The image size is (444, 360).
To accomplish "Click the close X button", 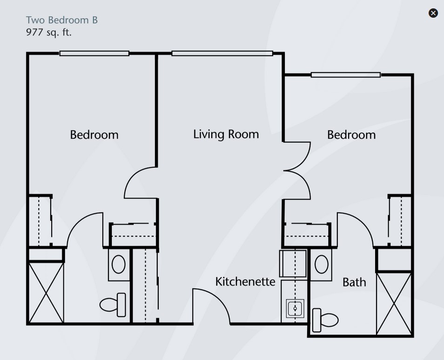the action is click(433, 13).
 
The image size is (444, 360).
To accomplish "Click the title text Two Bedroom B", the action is click(62, 20).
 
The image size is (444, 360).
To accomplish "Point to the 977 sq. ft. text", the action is click(49, 32).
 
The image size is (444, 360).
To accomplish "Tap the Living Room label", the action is click(226, 134).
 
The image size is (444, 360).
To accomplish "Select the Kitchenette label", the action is click(245, 282).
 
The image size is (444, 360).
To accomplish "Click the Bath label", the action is click(354, 282).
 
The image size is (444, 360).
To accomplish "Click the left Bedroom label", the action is click(94, 135).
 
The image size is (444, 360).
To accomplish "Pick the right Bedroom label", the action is click(351, 135).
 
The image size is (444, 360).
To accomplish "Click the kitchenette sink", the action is click(295, 308).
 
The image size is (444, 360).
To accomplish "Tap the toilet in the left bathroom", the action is click(113, 305).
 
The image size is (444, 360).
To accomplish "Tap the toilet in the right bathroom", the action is click(325, 320).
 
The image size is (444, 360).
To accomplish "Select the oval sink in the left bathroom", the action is click(119, 264).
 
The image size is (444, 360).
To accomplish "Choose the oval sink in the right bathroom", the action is click(322, 264).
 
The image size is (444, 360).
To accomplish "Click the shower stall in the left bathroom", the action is click(46, 292).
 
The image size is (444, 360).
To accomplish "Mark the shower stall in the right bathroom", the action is click(394, 304).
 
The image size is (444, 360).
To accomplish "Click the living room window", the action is click(222, 53).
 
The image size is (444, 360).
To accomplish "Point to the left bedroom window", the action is click(94, 53).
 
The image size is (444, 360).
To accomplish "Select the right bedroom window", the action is click(346, 75).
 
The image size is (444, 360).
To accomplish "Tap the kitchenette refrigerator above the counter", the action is click(293, 264).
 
